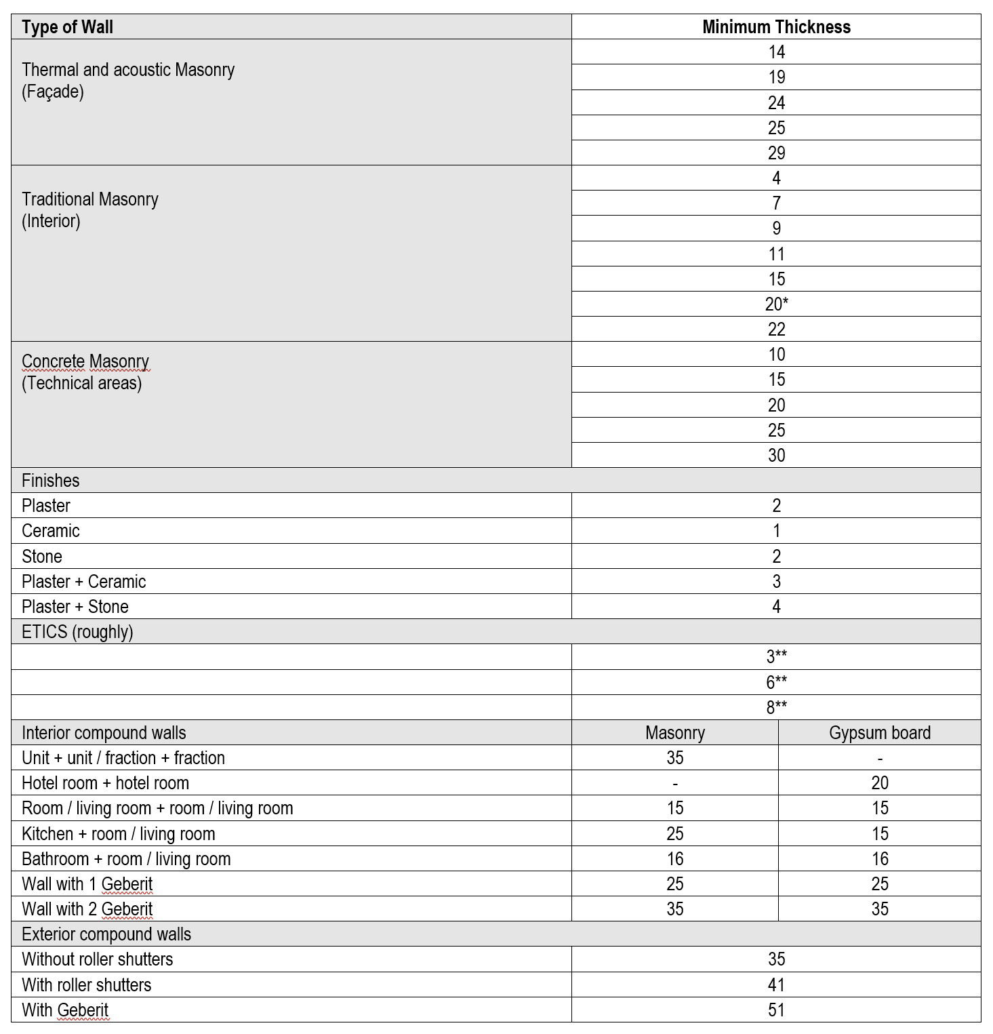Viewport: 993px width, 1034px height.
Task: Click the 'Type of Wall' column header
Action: coord(67,27)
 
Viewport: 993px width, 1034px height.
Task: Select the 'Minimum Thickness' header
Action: coord(776,27)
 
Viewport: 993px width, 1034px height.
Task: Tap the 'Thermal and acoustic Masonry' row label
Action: coord(128,70)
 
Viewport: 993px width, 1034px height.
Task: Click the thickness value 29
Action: coord(776,153)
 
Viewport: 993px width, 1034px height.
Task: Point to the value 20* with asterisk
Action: coord(776,304)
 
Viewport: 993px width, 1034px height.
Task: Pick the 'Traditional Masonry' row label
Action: coord(90,199)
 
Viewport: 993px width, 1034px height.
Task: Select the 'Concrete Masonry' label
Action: coord(85,361)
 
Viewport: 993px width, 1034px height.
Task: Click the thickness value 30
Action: coord(776,456)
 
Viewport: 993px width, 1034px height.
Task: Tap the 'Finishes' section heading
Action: coord(51,481)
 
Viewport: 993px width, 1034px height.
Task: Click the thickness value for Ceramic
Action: coord(776,531)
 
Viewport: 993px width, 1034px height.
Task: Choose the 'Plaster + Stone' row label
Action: coord(75,607)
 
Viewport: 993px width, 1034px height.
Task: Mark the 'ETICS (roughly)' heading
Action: coord(77,632)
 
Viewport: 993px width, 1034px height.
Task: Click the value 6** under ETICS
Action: coord(776,682)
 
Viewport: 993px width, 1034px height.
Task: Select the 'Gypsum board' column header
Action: coord(879,733)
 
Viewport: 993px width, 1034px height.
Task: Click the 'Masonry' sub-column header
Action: coord(675,733)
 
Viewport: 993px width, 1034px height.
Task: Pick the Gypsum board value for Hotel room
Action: coord(879,783)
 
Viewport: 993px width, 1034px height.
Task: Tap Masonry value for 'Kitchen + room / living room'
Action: coord(675,834)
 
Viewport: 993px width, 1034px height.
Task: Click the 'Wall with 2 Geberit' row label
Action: coord(87,909)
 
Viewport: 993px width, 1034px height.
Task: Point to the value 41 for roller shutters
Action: coord(776,985)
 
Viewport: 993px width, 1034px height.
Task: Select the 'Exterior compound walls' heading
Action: coord(106,934)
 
